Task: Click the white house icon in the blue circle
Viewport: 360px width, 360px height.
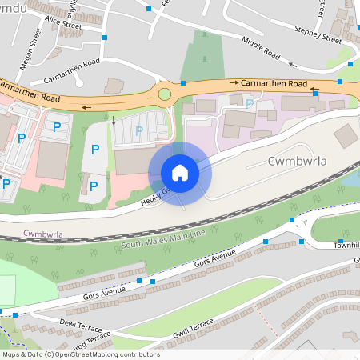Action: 179,172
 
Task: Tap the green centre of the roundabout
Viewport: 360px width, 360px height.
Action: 165,94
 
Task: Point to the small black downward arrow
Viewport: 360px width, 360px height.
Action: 113,122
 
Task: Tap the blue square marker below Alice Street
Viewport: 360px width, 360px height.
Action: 106,38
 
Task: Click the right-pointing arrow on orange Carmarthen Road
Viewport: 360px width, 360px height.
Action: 234,82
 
